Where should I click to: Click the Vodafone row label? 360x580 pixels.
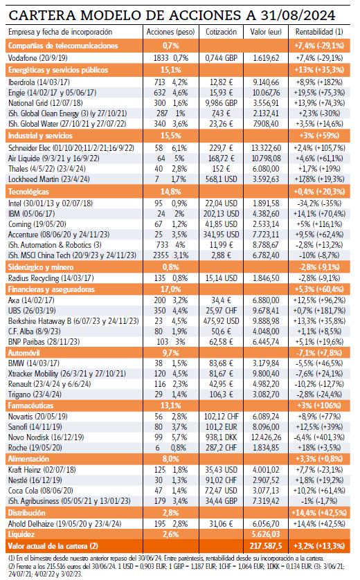[38, 58]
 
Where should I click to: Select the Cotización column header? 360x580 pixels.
[222, 32]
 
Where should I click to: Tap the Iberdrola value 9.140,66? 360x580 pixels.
[266, 82]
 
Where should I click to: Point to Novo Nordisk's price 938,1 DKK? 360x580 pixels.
[222, 437]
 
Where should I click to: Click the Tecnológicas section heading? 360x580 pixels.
[28, 192]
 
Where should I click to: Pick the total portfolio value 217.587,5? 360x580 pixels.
[266, 546]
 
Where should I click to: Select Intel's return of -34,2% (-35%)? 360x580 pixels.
[319, 203]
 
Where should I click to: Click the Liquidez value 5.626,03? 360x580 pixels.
[266, 534]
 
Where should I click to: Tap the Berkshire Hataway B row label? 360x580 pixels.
[73, 321]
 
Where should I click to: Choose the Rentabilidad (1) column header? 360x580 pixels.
[319, 32]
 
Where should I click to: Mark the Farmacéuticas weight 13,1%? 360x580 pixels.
[171, 406]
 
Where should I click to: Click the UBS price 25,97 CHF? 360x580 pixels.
[222, 311]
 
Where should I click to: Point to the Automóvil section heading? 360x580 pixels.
[24, 353]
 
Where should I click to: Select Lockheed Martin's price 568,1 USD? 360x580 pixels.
[222, 179]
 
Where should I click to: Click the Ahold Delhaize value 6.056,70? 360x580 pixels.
[266, 524]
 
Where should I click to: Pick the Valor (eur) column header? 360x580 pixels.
[266, 32]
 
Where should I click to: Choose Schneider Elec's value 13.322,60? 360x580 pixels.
[266, 148]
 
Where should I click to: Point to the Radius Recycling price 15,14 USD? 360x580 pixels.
[222, 278]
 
